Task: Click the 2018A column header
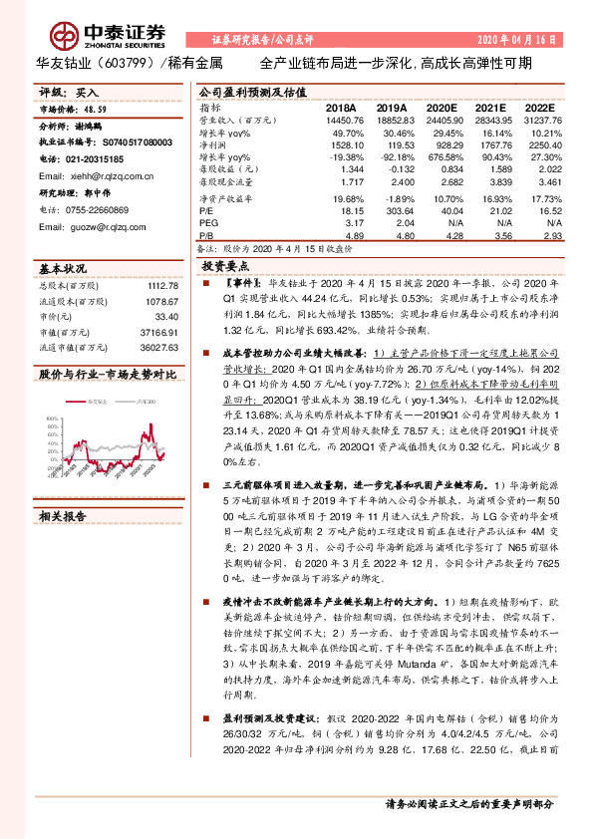coord(340,107)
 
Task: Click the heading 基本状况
coord(63,269)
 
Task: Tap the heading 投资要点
coord(224,268)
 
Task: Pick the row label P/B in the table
coord(206,237)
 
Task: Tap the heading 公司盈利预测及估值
coord(243,91)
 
